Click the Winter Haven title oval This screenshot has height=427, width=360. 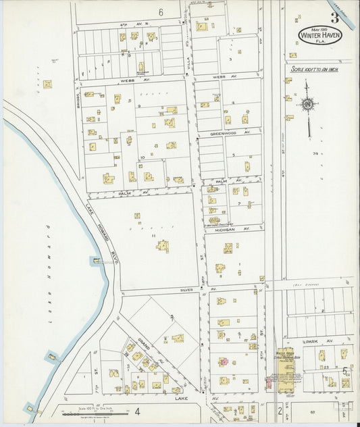pyautogui.click(x=319, y=35)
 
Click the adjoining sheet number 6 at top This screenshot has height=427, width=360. pyautogui.click(x=161, y=12)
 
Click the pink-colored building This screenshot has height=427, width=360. pyautogui.click(x=223, y=361)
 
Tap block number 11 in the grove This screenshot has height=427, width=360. pyautogui.click(x=154, y=236)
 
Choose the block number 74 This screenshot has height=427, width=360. pyautogui.click(x=315, y=154)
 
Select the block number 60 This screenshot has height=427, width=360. pyautogui.click(x=312, y=411)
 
